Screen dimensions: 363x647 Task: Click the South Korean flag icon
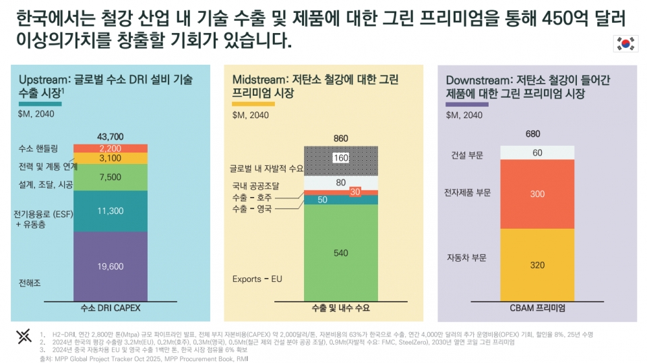click(x=625, y=44)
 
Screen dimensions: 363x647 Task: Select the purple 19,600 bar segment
click(x=111, y=267)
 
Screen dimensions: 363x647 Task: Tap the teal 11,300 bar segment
click(x=111, y=211)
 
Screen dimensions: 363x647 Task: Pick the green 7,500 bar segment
click(x=111, y=177)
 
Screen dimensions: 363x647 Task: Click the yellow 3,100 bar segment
click(x=111, y=158)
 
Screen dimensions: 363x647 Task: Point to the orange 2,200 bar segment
click(x=111, y=148)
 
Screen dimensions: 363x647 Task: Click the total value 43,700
click(x=111, y=136)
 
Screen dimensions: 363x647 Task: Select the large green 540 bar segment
click(x=341, y=253)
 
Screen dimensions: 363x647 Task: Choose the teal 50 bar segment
click(x=322, y=200)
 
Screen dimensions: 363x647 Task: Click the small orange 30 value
click(x=355, y=192)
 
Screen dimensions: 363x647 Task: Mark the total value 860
click(x=341, y=138)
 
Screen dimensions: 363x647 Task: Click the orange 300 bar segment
click(x=537, y=194)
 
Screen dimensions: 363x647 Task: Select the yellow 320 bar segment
click(x=537, y=265)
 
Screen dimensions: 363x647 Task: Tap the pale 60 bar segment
click(x=537, y=152)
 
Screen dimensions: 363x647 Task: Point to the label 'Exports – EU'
click(x=255, y=279)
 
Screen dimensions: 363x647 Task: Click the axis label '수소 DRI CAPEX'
click(x=111, y=308)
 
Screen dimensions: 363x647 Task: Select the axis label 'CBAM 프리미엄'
click(x=537, y=308)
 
